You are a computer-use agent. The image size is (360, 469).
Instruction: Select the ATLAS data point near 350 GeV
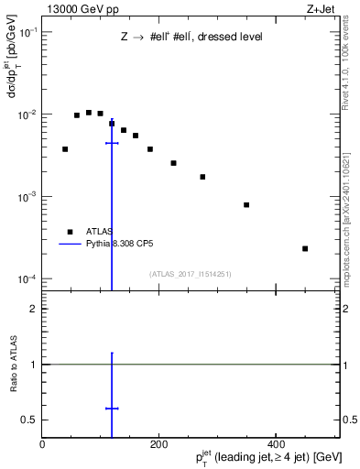[246, 204]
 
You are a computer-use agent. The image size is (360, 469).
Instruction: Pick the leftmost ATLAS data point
[65, 148]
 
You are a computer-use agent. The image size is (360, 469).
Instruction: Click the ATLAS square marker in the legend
[69, 232]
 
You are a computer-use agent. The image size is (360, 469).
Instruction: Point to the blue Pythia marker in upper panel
[112, 143]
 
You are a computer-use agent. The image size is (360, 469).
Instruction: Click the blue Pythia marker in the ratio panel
[112, 409]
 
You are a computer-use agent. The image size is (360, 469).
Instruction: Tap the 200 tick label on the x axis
[159, 444]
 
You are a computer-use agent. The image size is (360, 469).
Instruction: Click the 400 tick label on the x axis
[276, 444]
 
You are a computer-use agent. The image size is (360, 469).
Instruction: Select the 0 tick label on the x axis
[43, 444]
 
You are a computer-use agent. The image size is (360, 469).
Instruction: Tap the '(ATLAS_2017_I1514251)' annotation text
[191, 274]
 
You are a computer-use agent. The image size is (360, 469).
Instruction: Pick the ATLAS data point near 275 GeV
[202, 177]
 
